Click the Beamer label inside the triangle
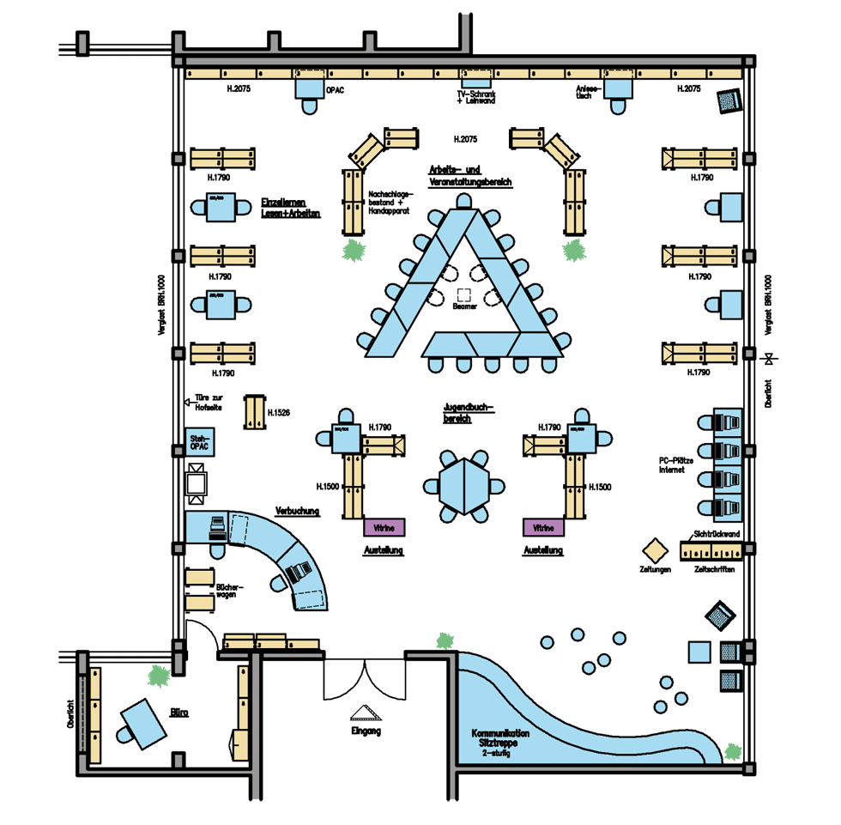point(464,306)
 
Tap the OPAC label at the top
point(336,89)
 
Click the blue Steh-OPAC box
point(199,443)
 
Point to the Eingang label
point(366,731)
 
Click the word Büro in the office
point(179,713)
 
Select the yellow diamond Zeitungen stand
point(655,549)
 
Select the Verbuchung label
point(297,512)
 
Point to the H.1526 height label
point(279,413)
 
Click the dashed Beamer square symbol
point(464,293)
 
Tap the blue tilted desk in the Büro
point(143,719)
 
